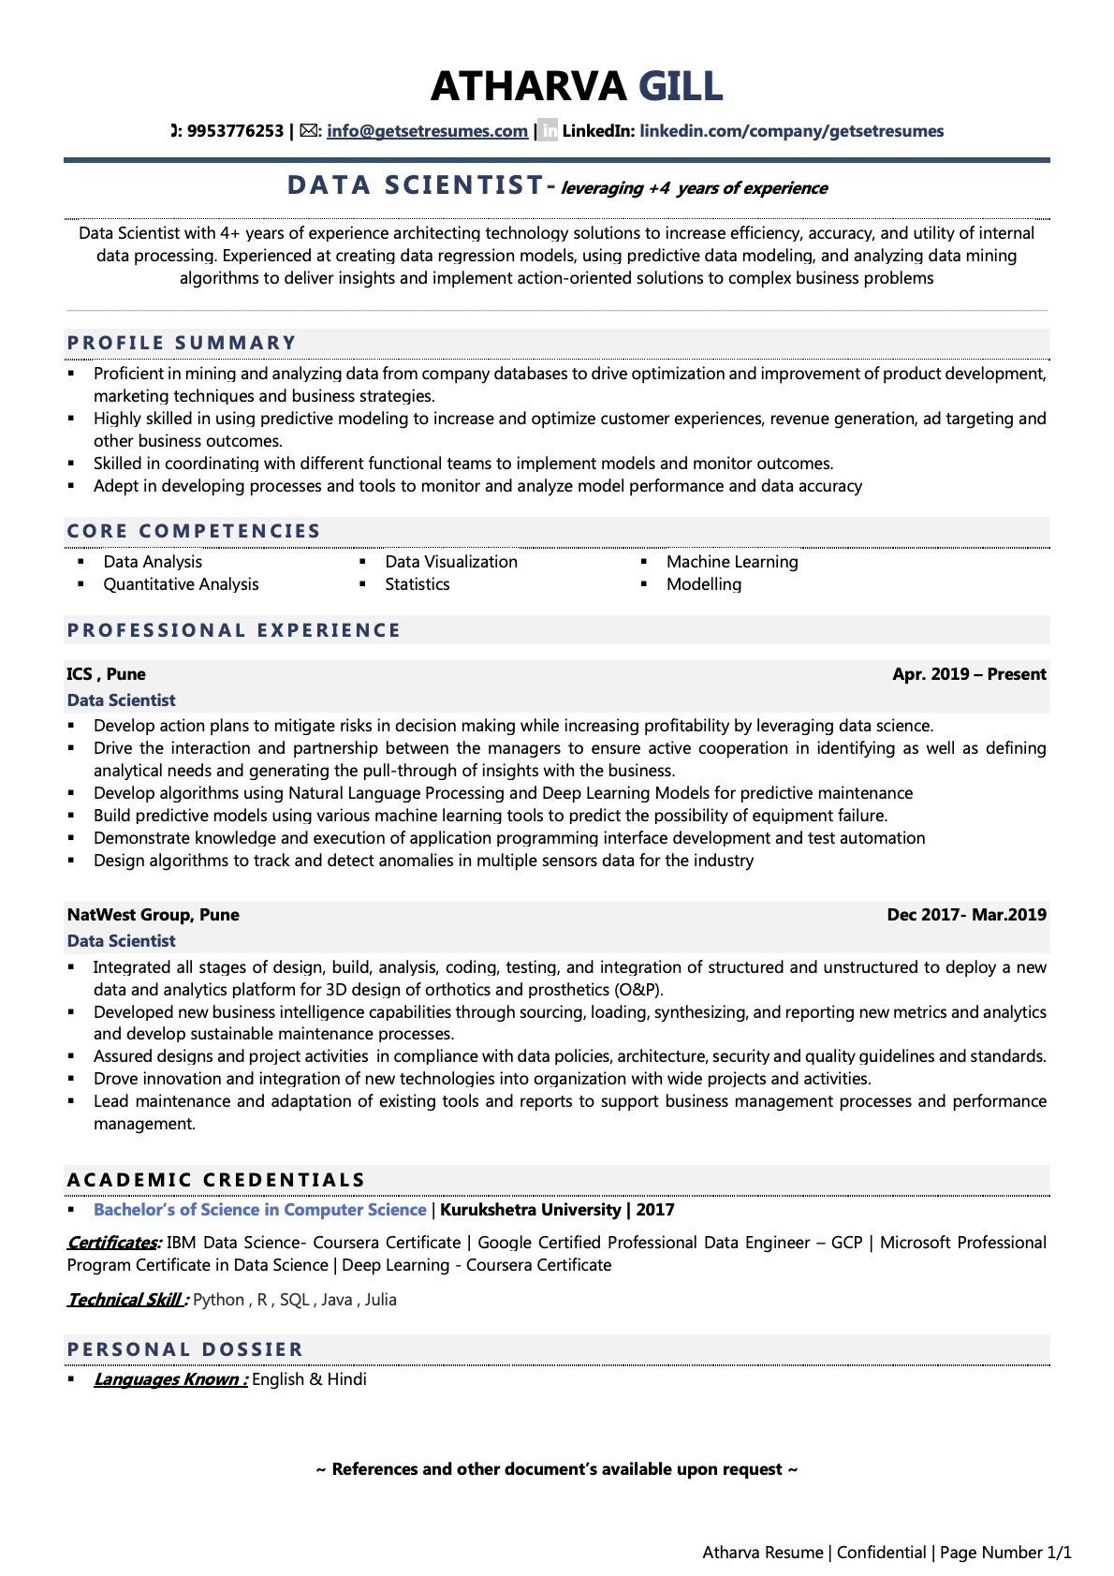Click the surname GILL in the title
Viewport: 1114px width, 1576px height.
[x=681, y=86]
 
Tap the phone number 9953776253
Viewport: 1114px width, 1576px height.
[x=235, y=131]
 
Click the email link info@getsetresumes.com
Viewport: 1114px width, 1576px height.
[x=427, y=131]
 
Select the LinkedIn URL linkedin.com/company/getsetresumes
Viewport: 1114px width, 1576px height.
[x=791, y=131]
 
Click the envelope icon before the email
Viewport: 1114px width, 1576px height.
[x=308, y=131]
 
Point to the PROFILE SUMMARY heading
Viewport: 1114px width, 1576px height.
[x=182, y=343]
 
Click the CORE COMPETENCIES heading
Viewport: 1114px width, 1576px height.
[x=194, y=531]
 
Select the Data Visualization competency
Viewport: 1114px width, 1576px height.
[x=450, y=562]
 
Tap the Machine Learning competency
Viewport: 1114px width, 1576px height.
[x=732, y=562]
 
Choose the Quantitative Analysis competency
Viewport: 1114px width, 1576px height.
[x=181, y=584]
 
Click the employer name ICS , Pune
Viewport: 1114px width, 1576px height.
[x=106, y=674]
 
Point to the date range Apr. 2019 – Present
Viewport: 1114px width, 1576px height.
[x=969, y=674]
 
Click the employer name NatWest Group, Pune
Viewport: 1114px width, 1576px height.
[x=153, y=915]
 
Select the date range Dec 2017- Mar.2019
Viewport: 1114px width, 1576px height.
[x=966, y=915]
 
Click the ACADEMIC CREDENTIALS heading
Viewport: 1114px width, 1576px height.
[x=216, y=1180]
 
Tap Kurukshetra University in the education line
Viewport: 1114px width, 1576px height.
[x=530, y=1210]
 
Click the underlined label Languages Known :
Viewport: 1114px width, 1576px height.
[x=170, y=1379]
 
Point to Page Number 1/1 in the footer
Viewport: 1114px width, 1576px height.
[x=1005, y=1553]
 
